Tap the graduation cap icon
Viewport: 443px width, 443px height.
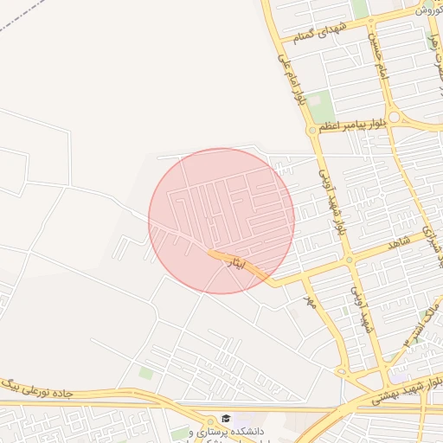tap(226, 418)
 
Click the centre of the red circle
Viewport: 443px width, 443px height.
tap(221, 221)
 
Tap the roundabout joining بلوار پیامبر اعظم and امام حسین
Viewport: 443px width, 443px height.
tap(395, 117)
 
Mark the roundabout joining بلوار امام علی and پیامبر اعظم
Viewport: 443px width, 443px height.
tap(313, 129)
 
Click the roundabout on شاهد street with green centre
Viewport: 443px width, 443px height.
tap(349, 260)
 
